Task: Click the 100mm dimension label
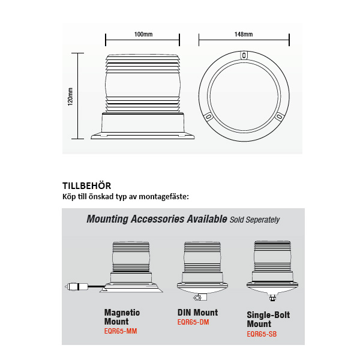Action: (143, 34)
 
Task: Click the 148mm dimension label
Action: (244, 34)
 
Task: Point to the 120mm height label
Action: (70, 97)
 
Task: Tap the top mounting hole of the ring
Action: (244, 55)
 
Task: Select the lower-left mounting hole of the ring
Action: (208, 117)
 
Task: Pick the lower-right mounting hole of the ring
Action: (279, 117)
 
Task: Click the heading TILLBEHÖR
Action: (86, 186)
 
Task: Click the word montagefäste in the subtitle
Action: (164, 197)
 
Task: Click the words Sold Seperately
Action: (254, 220)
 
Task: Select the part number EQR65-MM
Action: (121, 331)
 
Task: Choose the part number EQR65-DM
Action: (193, 322)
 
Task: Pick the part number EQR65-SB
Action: (262, 334)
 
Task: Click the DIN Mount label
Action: (197, 313)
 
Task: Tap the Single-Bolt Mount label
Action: (268, 319)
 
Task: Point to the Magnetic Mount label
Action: (122, 317)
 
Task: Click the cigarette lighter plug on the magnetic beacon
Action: (77, 287)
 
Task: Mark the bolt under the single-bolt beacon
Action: (272, 298)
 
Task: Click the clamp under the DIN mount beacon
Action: (200, 298)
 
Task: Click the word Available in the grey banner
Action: (206, 219)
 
